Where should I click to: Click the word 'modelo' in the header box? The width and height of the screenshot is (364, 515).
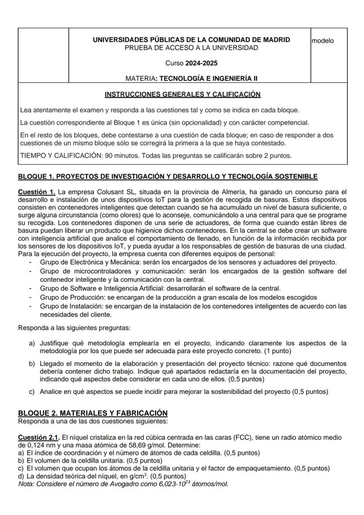[322, 41]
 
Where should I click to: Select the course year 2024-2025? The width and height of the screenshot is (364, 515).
[201, 63]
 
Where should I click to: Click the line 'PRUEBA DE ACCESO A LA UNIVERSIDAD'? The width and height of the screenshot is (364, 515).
[191, 47]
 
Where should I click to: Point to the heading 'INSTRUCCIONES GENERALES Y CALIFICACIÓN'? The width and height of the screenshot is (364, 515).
[182, 95]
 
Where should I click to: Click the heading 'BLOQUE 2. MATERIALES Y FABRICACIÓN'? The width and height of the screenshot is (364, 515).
[93, 413]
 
